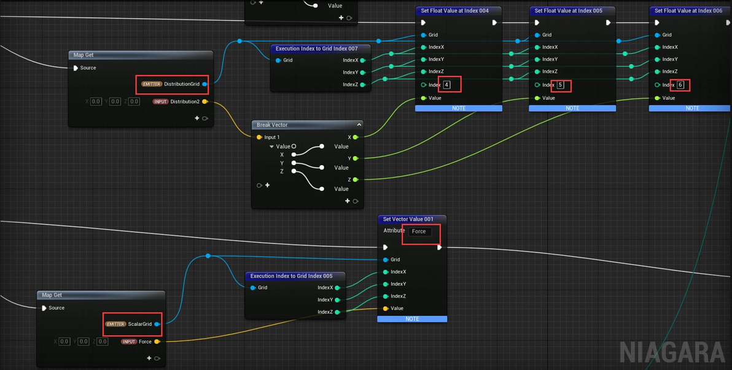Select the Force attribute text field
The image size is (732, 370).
click(419, 231)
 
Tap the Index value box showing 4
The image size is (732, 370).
click(447, 85)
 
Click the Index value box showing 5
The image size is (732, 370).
click(561, 85)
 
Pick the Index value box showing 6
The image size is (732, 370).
click(680, 85)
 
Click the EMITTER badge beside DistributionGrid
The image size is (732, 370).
click(152, 85)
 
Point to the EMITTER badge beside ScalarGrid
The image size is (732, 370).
click(116, 324)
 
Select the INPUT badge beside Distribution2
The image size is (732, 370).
click(161, 102)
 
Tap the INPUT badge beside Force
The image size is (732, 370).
click(129, 342)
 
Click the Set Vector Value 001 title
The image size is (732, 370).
click(408, 219)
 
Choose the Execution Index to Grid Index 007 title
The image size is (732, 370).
click(316, 48)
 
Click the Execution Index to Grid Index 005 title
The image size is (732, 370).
click(291, 276)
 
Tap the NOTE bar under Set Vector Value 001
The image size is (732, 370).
click(412, 319)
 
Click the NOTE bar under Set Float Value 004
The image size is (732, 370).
click(459, 108)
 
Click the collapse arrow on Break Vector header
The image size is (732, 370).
click(359, 125)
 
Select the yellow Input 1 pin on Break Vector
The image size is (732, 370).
click(260, 137)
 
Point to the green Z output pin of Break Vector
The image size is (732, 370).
click(356, 180)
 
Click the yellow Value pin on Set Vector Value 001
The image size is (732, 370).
click(386, 309)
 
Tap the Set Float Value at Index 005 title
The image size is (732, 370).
click(568, 10)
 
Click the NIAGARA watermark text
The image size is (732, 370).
click(672, 352)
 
